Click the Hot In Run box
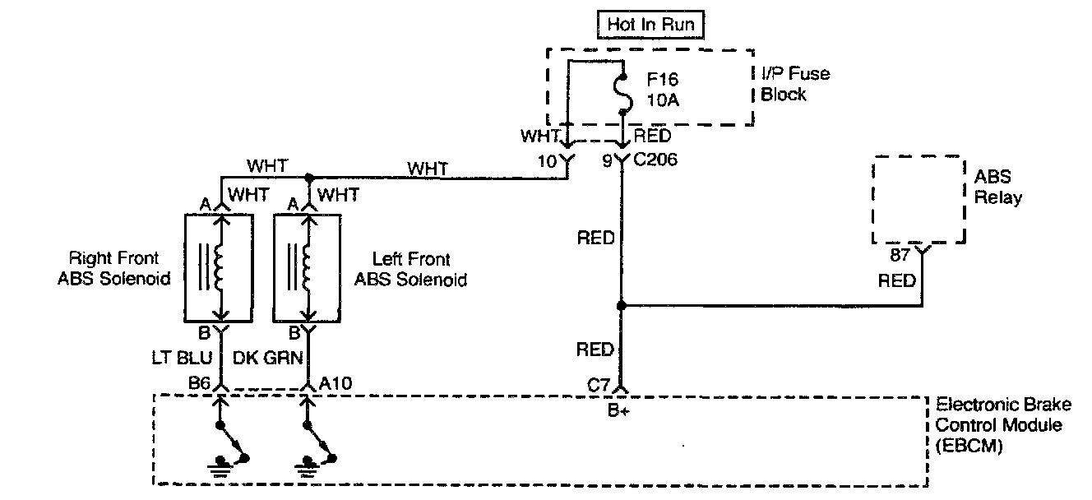pyautogui.click(x=650, y=25)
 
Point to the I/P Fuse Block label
pyautogui.click(x=794, y=83)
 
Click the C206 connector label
pyautogui.click(x=655, y=161)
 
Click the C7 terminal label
pyautogui.click(x=599, y=383)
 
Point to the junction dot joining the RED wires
pyautogui.click(x=621, y=305)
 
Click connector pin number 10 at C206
pyautogui.click(x=547, y=161)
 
